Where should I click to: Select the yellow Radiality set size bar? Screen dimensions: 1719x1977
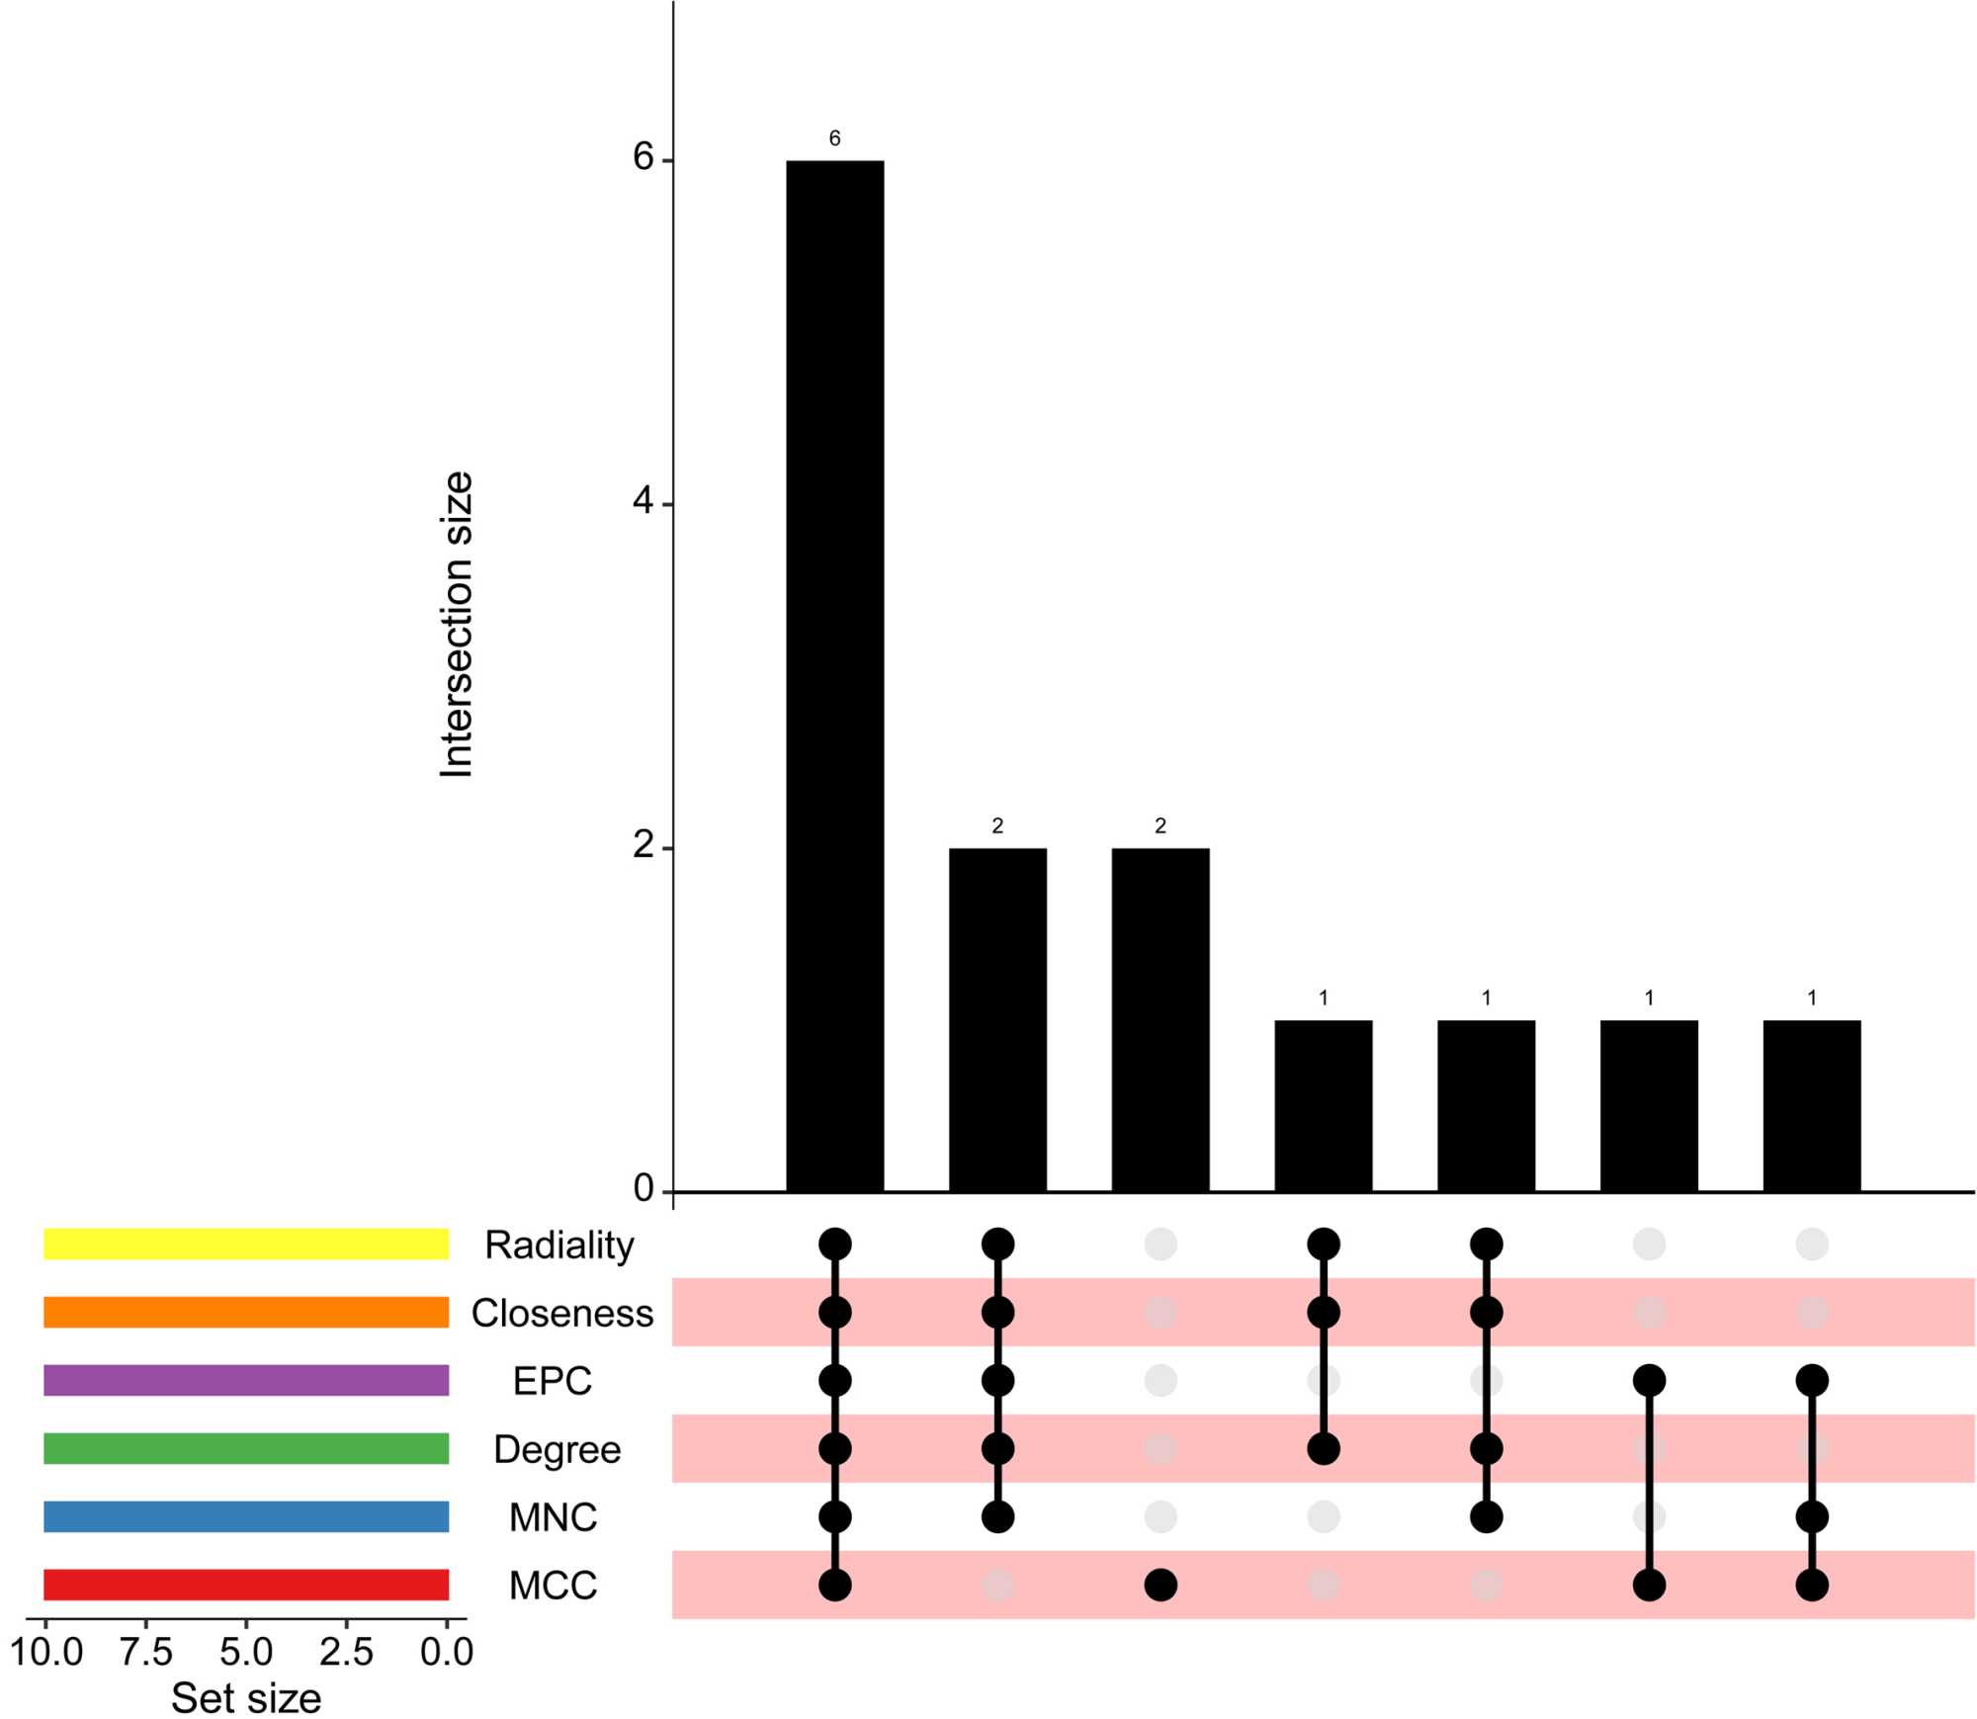(x=246, y=1244)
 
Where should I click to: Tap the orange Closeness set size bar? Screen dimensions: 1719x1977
(x=246, y=1312)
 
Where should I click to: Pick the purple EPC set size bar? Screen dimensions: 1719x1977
(x=246, y=1380)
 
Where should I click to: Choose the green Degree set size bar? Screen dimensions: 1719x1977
(x=246, y=1448)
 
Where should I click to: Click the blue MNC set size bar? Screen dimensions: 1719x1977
(x=246, y=1516)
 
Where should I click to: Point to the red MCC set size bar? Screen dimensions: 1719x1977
(x=246, y=1585)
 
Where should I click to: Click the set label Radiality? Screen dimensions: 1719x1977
(x=559, y=1245)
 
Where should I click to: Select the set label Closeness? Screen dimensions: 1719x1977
(x=561, y=1313)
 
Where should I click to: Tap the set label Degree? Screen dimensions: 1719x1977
(x=557, y=1449)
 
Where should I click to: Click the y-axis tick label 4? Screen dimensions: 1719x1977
(x=644, y=502)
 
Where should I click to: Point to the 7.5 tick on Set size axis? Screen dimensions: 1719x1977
(x=146, y=1651)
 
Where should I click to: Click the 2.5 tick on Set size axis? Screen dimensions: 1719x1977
(x=346, y=1651)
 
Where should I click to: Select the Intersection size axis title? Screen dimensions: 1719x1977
(x=457, y=625)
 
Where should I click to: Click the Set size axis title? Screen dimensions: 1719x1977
(x=246, y=1697)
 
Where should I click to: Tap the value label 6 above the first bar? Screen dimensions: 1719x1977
(x=834, y=138)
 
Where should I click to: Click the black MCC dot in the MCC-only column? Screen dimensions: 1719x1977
(x=1160, y=1585)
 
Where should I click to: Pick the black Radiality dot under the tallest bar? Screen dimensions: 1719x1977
(x=834, y=1244)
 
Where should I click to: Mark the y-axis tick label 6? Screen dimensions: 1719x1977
(x=644, y=157)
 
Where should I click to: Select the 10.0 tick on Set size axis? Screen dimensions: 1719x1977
(x=46, y=1651)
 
